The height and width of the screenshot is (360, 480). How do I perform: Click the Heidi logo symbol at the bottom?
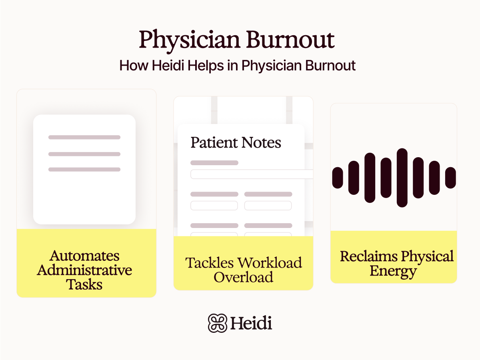pos(217,323)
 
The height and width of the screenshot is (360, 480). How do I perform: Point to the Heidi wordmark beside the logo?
pos(251,323)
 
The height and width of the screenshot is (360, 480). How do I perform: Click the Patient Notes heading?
pos(236,143)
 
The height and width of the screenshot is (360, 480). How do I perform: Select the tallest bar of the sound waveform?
pos(402,178)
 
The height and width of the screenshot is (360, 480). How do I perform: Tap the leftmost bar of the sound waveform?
pos(338,178)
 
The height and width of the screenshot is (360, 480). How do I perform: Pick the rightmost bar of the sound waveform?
pos(451,178)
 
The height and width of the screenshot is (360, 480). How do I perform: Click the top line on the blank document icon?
pos(84,137)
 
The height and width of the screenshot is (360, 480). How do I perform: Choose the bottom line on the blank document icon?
pos(84,170)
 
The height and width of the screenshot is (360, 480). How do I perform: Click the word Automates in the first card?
pos(84,256)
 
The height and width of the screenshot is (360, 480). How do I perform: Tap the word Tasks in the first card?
pos(84,284)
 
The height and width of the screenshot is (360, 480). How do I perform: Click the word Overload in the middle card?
pos(243,277)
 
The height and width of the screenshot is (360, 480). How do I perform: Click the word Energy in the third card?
pos(393,271)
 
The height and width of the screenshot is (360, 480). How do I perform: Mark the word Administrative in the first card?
pos(84,270)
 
